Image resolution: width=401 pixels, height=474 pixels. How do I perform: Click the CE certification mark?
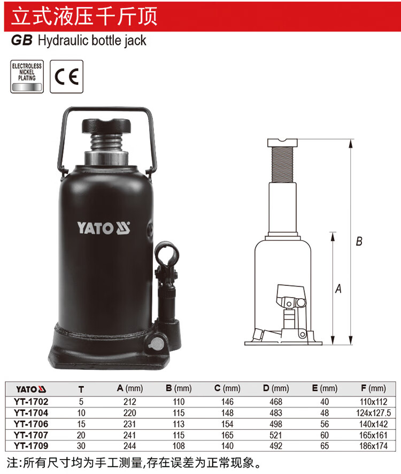[x=66, y=76]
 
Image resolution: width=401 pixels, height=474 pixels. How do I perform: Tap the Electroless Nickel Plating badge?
[x=27, y=76]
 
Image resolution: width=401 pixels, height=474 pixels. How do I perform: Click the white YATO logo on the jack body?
[x=103, y=228]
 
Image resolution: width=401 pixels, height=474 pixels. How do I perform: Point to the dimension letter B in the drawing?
[x=359, y=241]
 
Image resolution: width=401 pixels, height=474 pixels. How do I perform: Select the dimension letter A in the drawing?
[x=338, y=289]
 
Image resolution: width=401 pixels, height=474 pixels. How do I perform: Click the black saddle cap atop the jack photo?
[x=106, y=126]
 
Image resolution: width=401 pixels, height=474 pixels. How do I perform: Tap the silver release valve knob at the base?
[x=156, y=344]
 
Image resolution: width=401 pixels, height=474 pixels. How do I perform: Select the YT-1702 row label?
[x=31, y=402]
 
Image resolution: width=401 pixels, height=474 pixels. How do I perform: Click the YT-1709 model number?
[x=31, y=446]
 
